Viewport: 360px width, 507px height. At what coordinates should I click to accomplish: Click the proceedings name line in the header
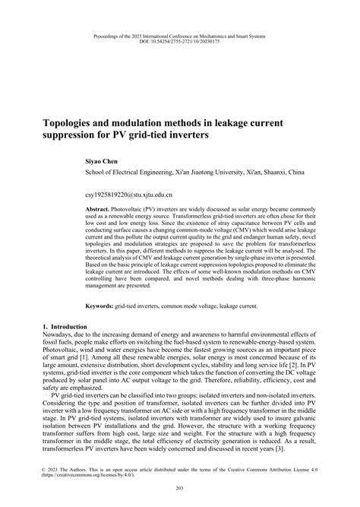click(180, 34)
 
